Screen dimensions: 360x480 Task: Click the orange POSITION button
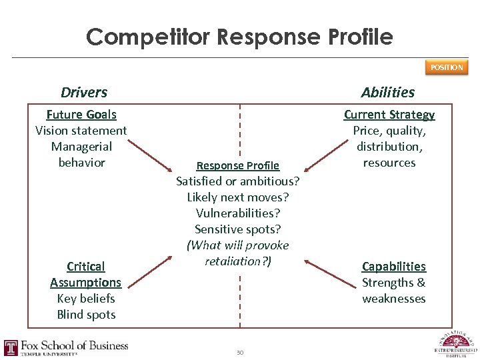point(447,67)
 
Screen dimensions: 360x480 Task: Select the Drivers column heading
point(84,92)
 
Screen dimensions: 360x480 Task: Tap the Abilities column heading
point(388,92)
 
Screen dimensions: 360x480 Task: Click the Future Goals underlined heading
point(81,115)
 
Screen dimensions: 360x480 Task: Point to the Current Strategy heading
point(389,115)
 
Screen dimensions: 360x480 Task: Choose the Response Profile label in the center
point(238,165)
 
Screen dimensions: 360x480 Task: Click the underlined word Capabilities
point(394,267)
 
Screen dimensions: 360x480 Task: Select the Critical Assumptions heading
point(86,275)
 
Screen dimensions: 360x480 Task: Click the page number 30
point(239,352)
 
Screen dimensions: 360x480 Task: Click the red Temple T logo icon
point(11,347)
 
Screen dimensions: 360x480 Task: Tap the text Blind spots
point(86,315)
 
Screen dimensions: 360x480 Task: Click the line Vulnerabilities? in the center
point(238,213)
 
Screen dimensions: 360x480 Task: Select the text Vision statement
point(81,131)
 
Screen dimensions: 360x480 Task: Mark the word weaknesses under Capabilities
point(394,299)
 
